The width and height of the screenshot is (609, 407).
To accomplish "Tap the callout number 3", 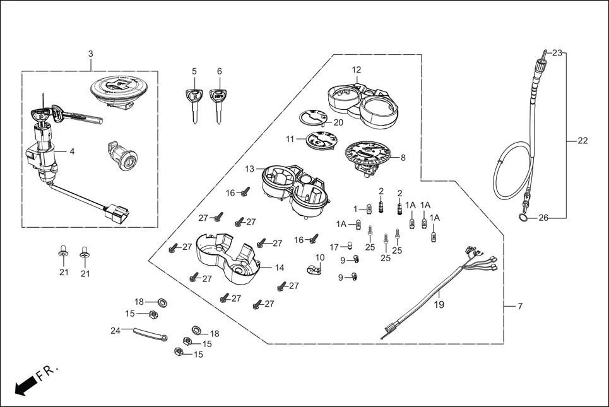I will tap(90, 54).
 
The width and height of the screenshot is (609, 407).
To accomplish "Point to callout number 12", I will tap(357, 69).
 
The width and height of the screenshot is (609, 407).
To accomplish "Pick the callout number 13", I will tap(250, 168).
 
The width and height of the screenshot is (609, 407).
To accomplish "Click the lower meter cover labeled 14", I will tap(227, 257).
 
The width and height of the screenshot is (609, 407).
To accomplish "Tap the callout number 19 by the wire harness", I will tap(439, 305).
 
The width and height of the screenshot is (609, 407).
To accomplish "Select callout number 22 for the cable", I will tap(582, 141).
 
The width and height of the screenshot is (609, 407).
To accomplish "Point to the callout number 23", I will tap(557, 53).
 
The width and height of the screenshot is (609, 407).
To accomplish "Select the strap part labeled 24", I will tap(149, 333).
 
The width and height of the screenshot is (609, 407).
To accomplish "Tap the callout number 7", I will tap(520, 306).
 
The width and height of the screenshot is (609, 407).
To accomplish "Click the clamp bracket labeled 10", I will tap(311, 271).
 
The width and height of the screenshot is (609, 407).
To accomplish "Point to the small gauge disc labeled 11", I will tap(321, 141).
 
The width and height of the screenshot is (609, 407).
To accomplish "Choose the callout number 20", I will tap(338, 122).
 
